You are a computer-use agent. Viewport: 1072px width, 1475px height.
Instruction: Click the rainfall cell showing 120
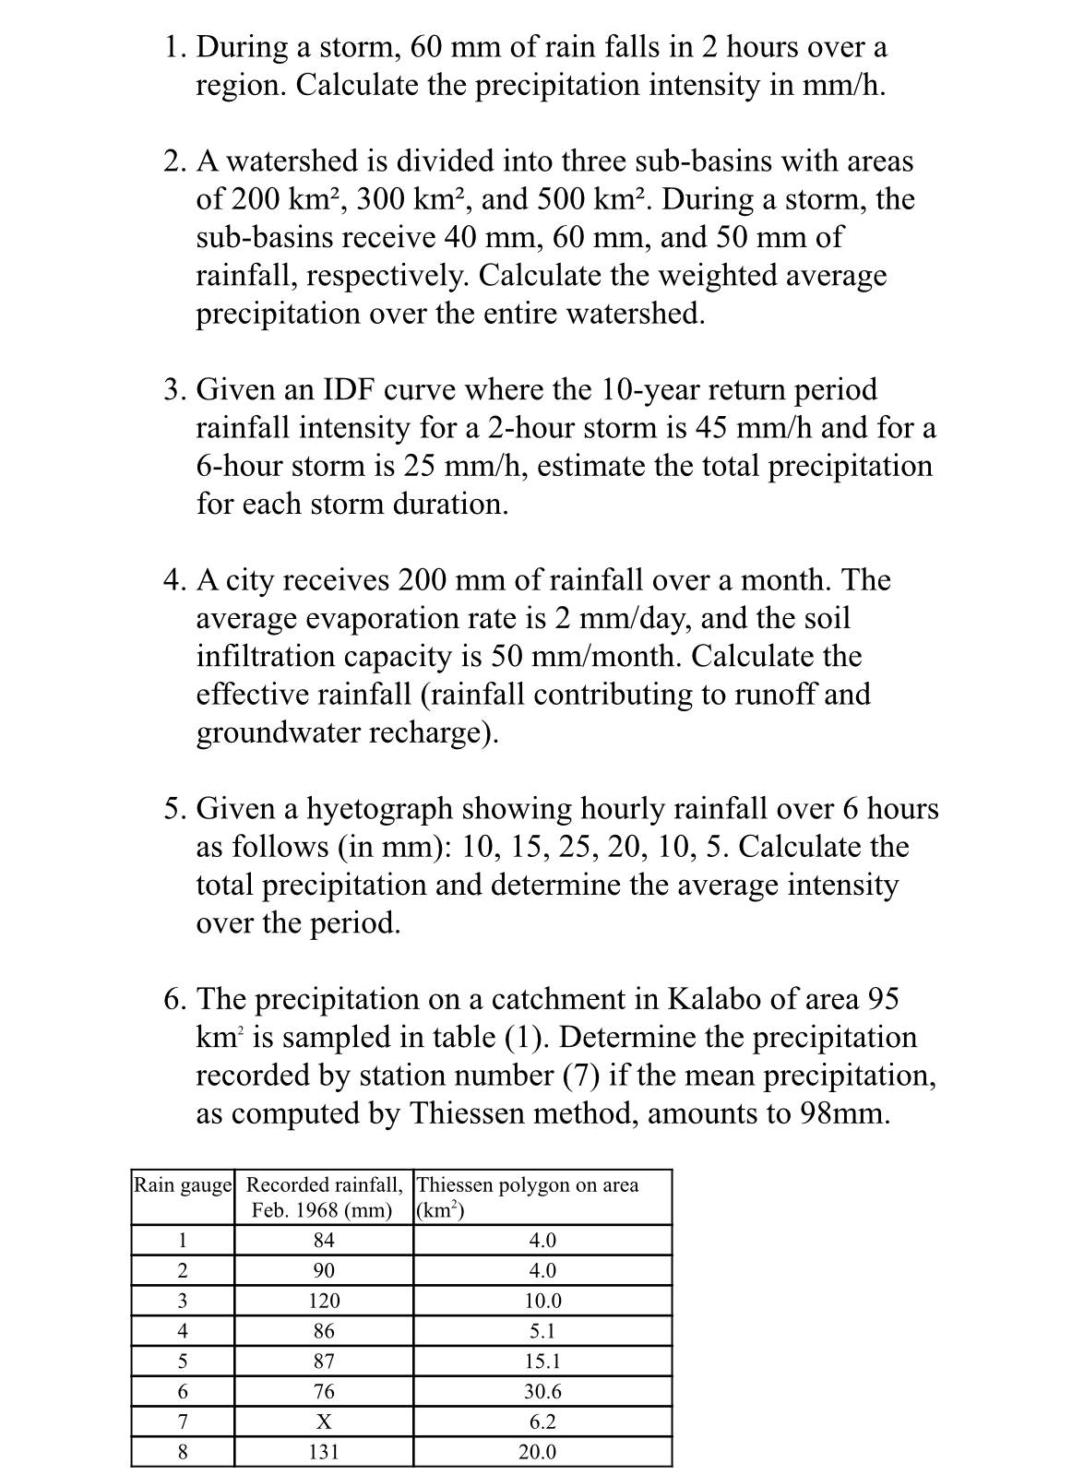pos(323,1301)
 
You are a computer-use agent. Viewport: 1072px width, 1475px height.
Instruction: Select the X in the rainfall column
pos(323,1421)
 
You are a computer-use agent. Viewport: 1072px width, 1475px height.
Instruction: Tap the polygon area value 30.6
pos(542,1391)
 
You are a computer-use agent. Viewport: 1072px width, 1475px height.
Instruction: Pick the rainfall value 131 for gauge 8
pos(323,1452)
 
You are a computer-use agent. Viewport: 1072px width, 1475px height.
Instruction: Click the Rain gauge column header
pos(183,1185)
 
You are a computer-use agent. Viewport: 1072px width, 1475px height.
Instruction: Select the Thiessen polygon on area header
pos(528,1185)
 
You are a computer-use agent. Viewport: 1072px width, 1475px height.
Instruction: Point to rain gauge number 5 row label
pos(183,1361)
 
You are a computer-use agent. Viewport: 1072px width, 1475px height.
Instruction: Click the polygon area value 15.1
pos(542,1361)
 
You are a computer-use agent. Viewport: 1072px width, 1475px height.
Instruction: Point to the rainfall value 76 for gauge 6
pos(323,1391)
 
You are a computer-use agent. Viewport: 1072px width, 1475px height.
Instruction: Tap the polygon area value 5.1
pos(542,1331)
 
